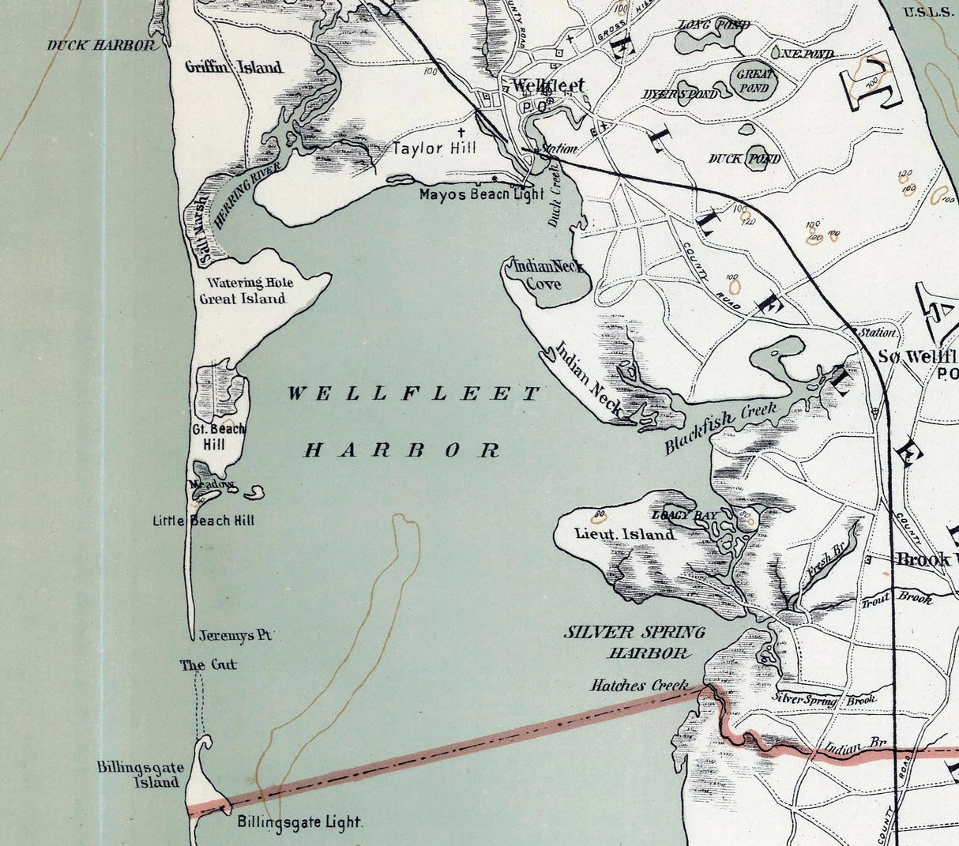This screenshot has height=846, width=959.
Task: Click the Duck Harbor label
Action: (101, 45)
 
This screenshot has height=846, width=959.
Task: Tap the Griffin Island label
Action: (233, 67)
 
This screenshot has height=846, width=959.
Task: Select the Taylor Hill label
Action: (434, 149)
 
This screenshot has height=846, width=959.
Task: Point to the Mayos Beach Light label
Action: (481, 194)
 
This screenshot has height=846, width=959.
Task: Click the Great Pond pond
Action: (754, 81)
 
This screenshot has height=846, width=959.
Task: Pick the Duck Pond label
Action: (744, 159)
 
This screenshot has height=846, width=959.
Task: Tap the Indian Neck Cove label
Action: (548, 274)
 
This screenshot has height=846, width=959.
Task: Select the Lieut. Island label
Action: (624, 534)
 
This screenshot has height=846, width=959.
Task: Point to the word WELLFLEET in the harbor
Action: (413, 393)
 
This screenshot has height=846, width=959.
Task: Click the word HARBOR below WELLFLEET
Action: (402, 450)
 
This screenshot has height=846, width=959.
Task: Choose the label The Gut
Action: (208, 665)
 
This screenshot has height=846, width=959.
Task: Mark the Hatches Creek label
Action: (639, 686)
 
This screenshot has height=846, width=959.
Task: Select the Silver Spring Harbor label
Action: (634, 642)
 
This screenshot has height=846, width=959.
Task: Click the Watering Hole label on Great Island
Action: (250, 283)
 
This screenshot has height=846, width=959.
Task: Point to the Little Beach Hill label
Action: (204, 521)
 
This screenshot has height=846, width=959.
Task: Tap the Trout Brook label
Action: (897, 600)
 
